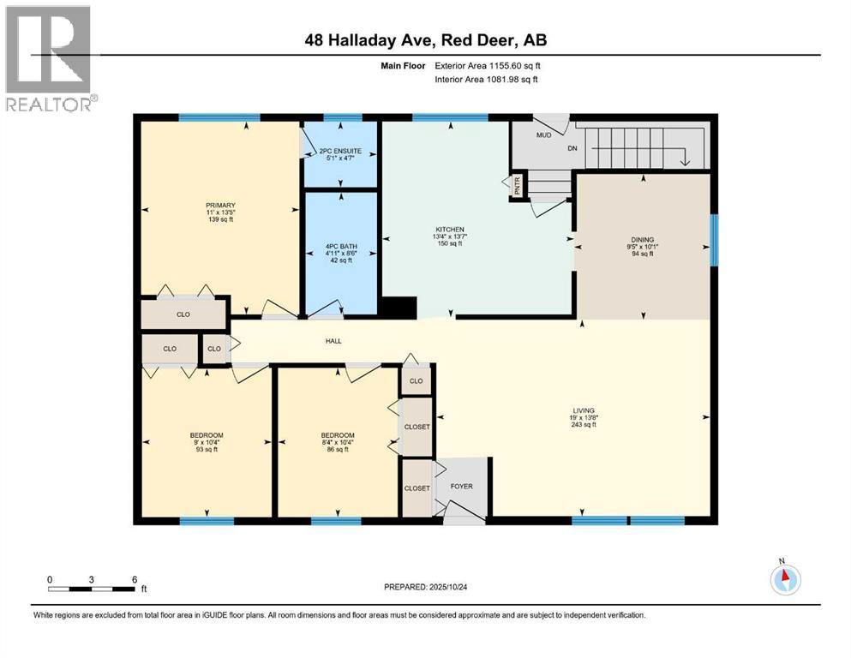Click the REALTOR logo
coord(50,58)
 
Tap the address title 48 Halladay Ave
coord(425,39)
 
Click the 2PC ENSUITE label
coord(341,153)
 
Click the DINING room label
coord(642,240)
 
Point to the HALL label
coord(333,341)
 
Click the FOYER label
coord(462,487)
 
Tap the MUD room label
coord(543,135)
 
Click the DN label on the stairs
coord(596,147)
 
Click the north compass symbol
coord(784,578)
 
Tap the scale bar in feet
coord(92,587)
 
